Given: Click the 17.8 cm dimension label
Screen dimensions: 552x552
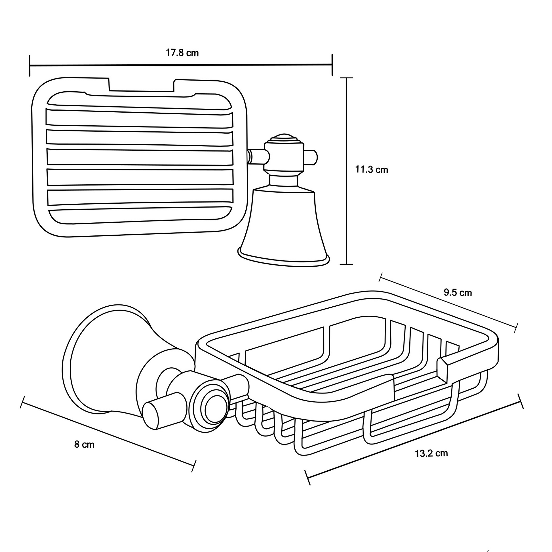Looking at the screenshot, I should [x=182, y=53].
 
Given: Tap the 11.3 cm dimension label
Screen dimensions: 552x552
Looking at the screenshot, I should [x=371, y=170].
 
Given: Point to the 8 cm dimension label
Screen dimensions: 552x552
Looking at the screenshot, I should [x=84, y=444].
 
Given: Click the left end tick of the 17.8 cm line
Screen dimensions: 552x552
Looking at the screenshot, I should [x=30, y=66].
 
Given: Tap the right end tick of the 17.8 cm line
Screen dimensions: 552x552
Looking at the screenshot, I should [x=332, y=65].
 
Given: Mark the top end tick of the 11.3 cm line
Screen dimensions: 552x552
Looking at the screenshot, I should [x=347, y=78].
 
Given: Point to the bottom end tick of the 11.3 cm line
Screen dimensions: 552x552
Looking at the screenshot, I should [x=347, y=264].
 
